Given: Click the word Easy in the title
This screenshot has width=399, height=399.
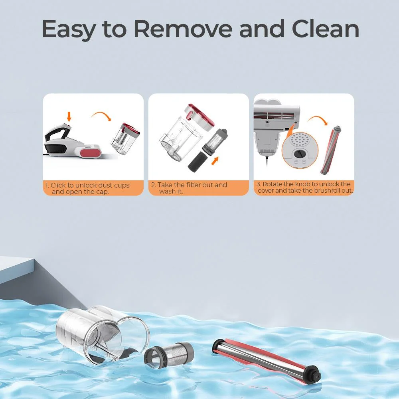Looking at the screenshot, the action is (68, 29).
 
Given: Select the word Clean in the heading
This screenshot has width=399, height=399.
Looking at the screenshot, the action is (326, 28).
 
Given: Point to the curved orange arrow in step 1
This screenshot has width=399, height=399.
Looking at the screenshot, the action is (102, 115).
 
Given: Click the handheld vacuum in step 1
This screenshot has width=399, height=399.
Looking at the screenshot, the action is (73, 141).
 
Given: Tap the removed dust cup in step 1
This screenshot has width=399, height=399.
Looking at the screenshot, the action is (125, 139).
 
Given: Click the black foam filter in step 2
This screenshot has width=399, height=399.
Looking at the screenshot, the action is (198, 161).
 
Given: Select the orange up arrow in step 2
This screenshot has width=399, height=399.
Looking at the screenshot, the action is (215, 161).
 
